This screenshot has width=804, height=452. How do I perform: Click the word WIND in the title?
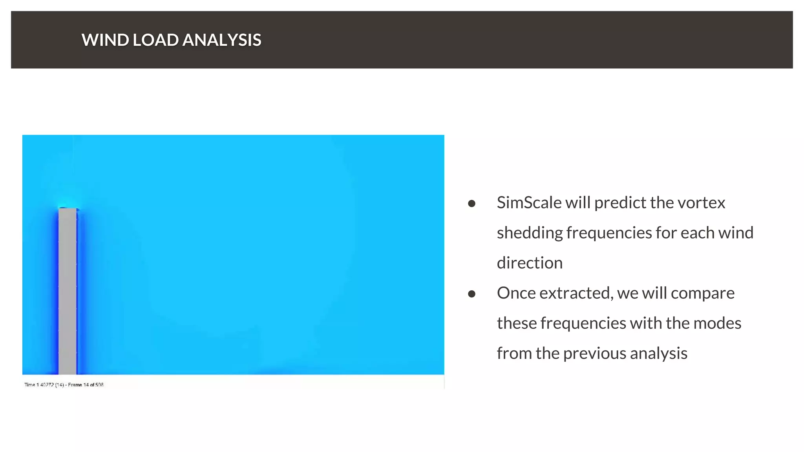tap(105, 40)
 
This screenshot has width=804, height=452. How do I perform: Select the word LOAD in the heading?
tap(155, 40)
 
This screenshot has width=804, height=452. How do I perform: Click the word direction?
tap(529, 263)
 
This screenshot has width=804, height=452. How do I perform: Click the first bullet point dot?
tap(471, 203)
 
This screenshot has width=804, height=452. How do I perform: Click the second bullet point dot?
tap(471, 293)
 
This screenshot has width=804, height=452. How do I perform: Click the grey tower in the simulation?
tap(68, 290)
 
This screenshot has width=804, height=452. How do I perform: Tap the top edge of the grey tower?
tap(68, 209)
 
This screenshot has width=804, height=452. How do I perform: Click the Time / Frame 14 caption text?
tap(64, 385)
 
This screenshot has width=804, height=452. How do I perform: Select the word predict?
tap(620, 203)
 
